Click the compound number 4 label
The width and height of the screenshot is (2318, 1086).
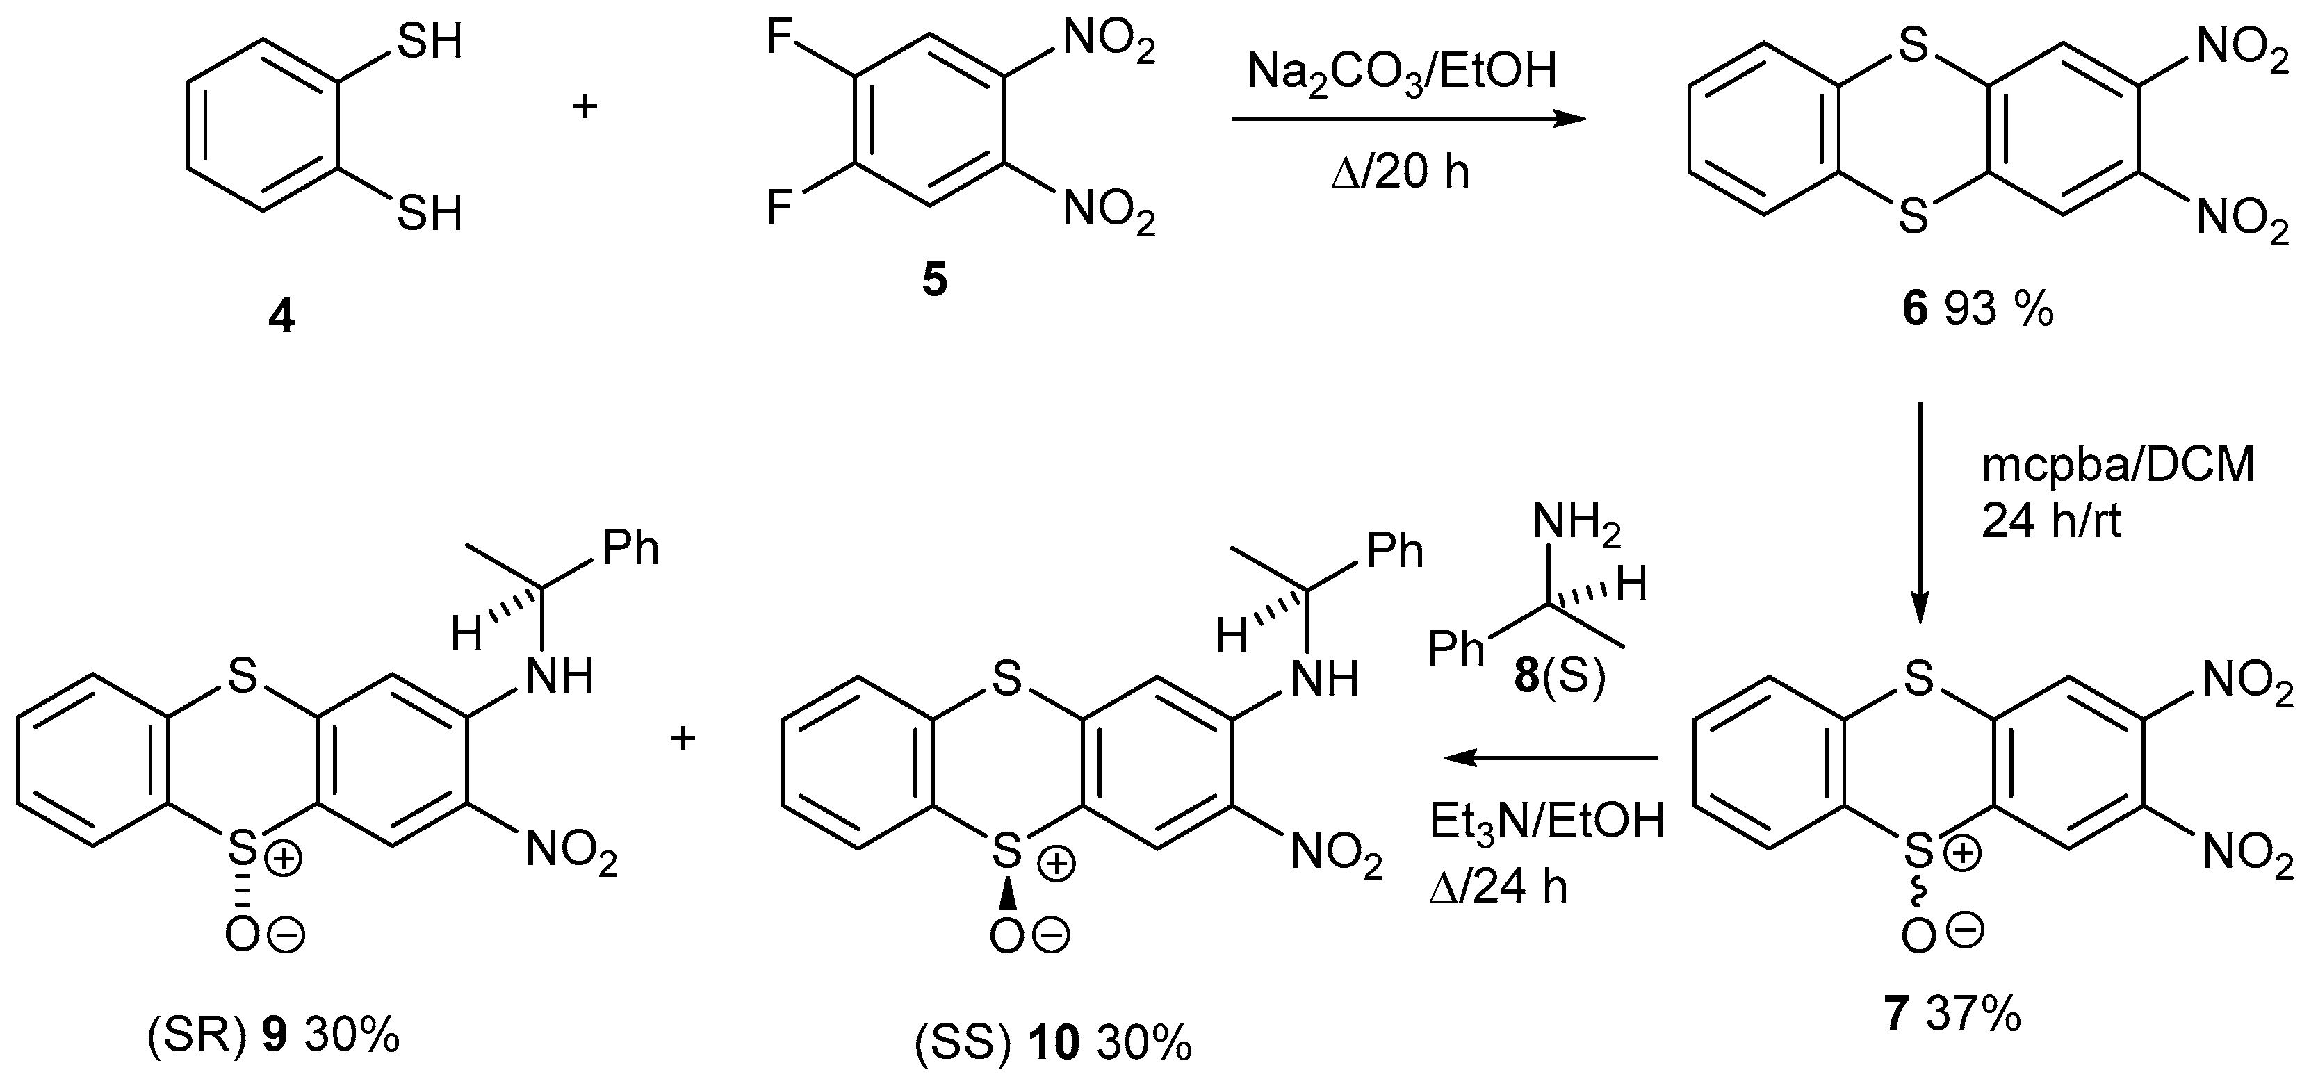281,318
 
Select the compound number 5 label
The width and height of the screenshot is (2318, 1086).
934,281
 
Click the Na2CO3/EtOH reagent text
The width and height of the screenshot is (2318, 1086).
1401,72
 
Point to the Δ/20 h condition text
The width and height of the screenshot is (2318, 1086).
1399,170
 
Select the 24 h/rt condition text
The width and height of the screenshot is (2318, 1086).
2052,520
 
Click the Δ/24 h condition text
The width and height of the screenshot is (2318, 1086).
1499,887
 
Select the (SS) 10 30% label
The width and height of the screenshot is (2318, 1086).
1053,1044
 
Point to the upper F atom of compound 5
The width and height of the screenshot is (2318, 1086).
779,40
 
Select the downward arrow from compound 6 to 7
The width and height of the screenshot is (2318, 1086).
1918,513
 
